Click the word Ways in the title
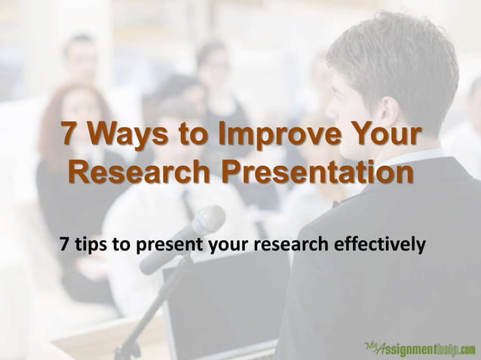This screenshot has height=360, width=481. coord(124,139)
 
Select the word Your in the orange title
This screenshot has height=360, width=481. coord(383,139)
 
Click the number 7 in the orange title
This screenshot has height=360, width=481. coord(69,139)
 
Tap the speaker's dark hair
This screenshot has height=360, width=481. coord(400,53)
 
